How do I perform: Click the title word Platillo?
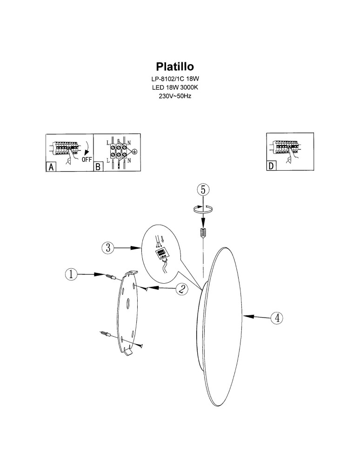[175, 66]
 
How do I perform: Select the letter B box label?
[98, 166]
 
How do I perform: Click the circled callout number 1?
[71, 274]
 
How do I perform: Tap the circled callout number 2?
[182, 289]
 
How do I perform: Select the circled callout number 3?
[108, 248]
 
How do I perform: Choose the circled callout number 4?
[277, 318]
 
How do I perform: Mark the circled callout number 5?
[203, 189]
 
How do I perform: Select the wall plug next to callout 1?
[111, 277]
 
